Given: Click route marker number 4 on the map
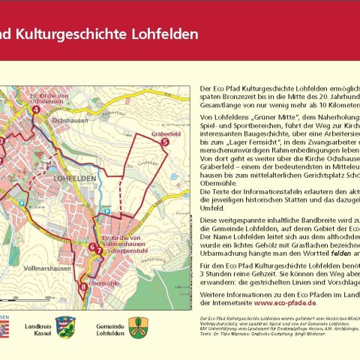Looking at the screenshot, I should point(35,110).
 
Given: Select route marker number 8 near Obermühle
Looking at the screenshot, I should point(82,286).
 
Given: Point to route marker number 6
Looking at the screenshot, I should point(91,247).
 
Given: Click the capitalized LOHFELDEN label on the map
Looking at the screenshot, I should point(75,179).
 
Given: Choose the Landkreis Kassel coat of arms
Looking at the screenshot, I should point(65,326).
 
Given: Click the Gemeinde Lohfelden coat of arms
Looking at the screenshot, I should point(137,326).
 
